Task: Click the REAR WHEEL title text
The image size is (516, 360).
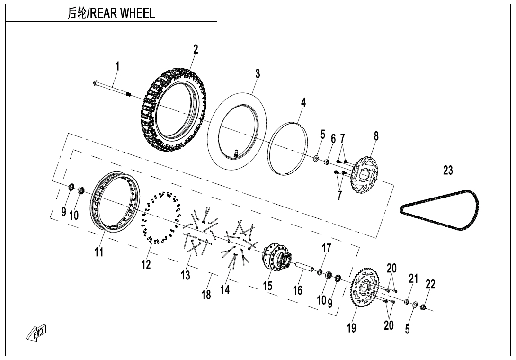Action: click(x=111, y=13)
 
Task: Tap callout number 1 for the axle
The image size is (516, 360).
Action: click(x=117, y=67)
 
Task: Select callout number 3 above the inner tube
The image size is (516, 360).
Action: click(x=258, y=74)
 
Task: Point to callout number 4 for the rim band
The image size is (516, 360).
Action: click(x=303, y=102)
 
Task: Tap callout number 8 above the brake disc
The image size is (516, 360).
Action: click(x=376, y=136)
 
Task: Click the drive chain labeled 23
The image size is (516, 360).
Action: click(x=438, y=211)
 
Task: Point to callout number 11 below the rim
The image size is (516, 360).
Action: click(x=98, y=252)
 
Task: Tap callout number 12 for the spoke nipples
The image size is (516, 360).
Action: click(x=146, y=264)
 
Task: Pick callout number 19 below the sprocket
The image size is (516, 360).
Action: click(x=351, y=328)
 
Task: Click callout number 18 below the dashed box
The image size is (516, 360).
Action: click(x=206, y=295)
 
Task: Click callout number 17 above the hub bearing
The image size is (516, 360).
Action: click(x=326, y=249)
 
